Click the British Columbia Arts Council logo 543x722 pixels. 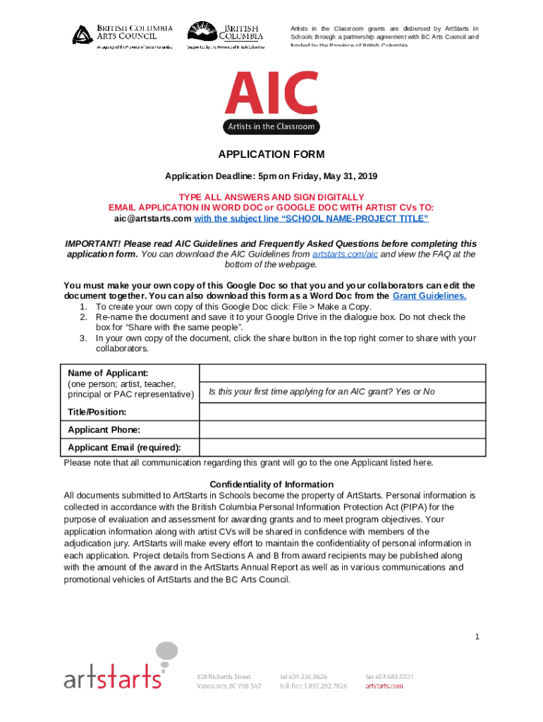click(x=123, y=35)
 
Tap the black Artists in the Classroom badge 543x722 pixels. click(x=271, y=127)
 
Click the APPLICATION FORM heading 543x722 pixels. click(x=271, y=154)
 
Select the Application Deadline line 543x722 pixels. click(x=271, y=176)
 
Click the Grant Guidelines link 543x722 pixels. click(x=429, y=296)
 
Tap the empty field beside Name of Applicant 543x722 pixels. click(x=343, y=372)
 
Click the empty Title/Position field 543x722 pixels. click(x=343, y=412)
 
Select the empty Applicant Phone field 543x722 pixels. click(x=343, y=429)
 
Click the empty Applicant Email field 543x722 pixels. click(x=343, y=447)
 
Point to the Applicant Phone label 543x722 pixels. click(x=104, y=429)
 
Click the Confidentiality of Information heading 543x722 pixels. click(x=271, y=484)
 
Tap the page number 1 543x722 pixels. click(x=477, y=637)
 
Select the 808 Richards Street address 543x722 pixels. click(x=224, y=676)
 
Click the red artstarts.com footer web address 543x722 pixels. click(x=384, y=685)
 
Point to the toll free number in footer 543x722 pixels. click(x=313, y=685)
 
